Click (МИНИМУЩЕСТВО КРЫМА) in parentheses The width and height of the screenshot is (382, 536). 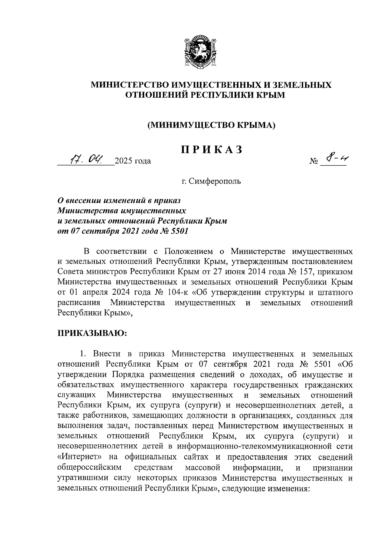(211, 125)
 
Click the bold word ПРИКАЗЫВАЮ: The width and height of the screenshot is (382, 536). (92, 333)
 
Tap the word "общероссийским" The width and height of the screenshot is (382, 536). (90, 468)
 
